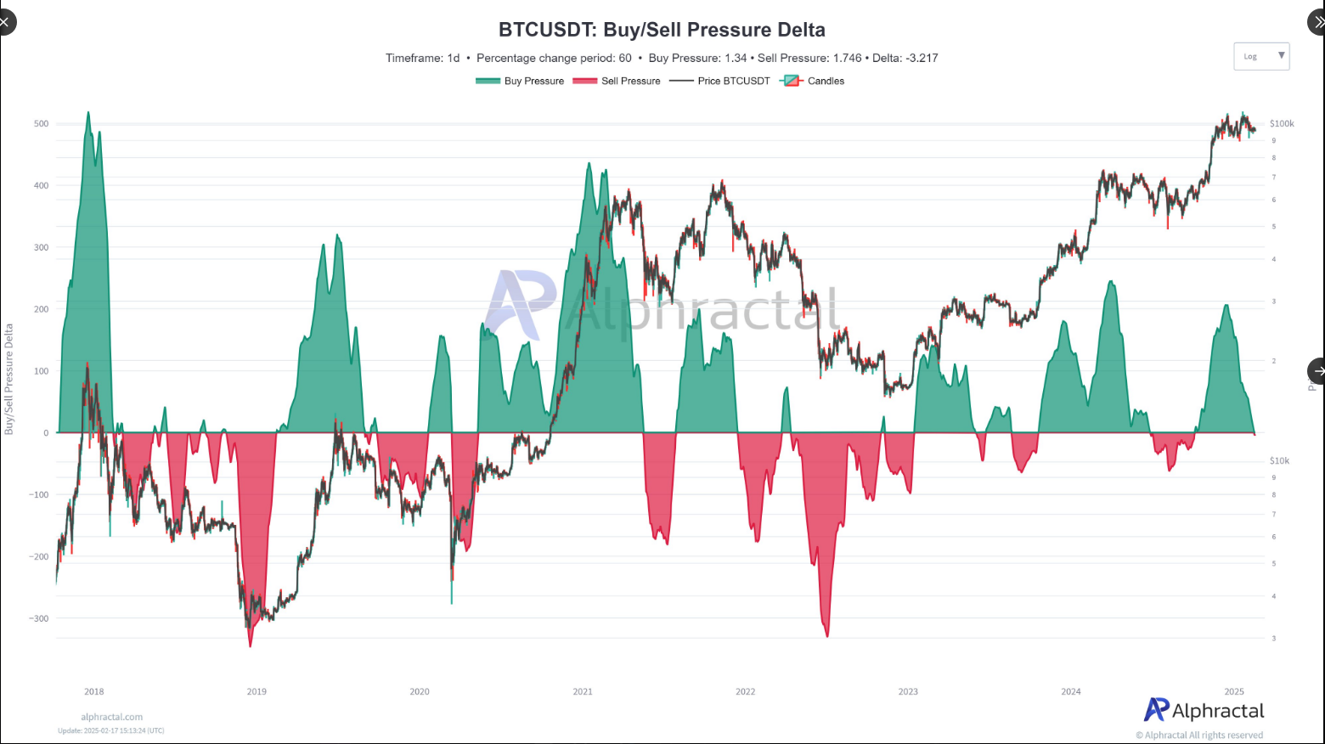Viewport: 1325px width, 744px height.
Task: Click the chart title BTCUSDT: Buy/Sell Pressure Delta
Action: (x=662, y=30)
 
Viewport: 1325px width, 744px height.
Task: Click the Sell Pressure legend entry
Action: (x=617, y=82)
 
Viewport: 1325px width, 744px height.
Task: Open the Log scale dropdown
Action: (x=1261, y=56)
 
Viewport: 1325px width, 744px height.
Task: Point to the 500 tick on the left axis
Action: (x=41, y=124)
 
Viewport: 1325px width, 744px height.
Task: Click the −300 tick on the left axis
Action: (x=38, y=619)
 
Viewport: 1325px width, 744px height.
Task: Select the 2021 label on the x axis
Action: (x=583, y=691)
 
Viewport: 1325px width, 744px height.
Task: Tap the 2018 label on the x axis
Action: (x=94, y=691)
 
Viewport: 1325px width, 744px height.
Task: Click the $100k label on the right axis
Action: (x=1282, y=124)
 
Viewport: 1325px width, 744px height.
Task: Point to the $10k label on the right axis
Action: (x=1279, y=461)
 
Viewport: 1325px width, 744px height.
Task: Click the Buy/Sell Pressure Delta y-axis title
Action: (x=9, y=379)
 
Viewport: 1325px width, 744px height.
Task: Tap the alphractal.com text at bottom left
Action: (x=112, y=717)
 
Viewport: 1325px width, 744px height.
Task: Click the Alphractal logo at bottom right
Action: (x=1204, y=710)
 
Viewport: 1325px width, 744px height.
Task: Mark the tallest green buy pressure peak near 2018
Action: (x=88, y=113)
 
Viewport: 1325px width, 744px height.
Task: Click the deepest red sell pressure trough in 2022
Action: (x=826, y=635)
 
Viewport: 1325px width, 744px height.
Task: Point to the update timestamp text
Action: (x=111, y=730)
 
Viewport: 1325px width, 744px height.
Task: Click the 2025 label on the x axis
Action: (x=1234, y=691)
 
